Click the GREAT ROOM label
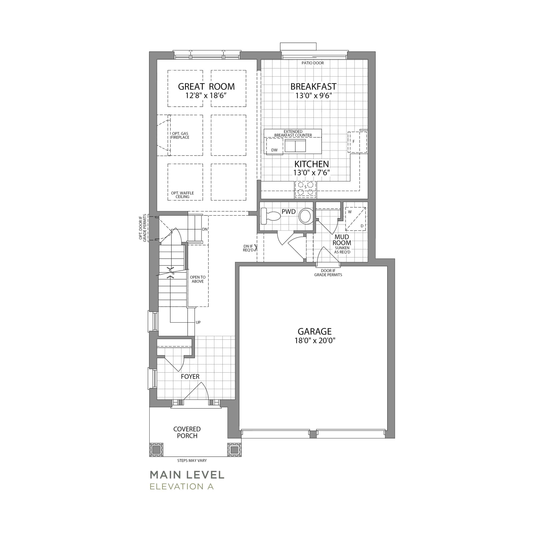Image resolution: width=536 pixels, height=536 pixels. [206, 86]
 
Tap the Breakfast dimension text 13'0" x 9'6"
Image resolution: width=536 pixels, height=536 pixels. [313, 96]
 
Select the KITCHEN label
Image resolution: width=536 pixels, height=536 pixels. [312, 164]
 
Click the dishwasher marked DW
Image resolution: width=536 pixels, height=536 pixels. [274, 146]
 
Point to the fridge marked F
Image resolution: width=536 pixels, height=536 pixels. [357, 142]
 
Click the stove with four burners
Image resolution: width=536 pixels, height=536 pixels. [305, 190]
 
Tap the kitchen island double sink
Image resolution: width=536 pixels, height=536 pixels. [295, 146]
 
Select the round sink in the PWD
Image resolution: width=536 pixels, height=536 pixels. [305, 216]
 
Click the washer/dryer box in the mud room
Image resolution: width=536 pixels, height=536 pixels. [355, 219]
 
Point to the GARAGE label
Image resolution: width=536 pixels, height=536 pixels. [315, 331]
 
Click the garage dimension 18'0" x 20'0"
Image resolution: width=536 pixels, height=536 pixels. [315, 341]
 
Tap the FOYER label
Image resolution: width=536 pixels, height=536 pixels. [190, 376]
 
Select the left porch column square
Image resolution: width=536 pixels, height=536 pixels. [156, 450]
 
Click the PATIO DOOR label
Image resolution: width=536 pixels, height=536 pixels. [313, 63]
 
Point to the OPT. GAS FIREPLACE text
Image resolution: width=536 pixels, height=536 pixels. [180, 135]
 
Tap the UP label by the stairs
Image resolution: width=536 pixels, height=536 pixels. [198, 322]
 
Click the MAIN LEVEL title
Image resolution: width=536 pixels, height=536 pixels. [187, 475]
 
